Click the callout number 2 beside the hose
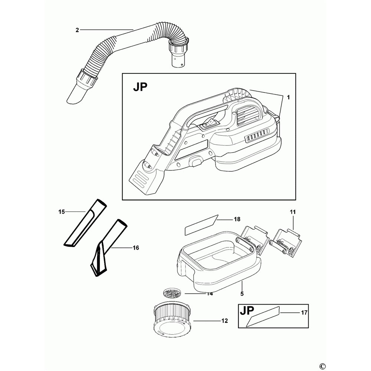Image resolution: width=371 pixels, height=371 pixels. pyautogui.click(x=77, y=30)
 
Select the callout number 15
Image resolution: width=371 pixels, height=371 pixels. pyautogui.click(x=62, y=212)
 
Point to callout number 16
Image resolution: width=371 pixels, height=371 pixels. pyautogui.click(x=135, y=248)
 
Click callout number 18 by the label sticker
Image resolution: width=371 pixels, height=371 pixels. pyautogui.click(x=237, y=219)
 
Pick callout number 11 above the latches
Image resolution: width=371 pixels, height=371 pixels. pyautogui.click(x=293, y=212)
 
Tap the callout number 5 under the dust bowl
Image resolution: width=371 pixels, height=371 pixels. pyautogui.click(x=242, y=293)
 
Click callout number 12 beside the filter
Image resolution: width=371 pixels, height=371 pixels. pyautogui.click(x=224, y=321)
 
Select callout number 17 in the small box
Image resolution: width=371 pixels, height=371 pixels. pyautogui.click(x=304, y=312)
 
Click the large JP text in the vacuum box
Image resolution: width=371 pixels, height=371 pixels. pyautogui.click(x=140, y=88)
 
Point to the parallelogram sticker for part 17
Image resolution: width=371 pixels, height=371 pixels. pyautogui.click(x=264, y=316)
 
